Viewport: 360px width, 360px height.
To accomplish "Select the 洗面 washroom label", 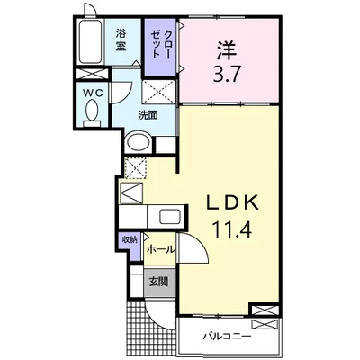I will click(x=148, y=115).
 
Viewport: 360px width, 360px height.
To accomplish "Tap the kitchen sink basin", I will click(x=168, y=217).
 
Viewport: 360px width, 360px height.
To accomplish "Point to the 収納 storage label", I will click(x=129, y=238).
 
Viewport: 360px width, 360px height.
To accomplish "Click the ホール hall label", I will click(x=158, y=248).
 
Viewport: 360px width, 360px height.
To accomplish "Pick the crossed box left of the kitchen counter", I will click(x=131, y=191).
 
